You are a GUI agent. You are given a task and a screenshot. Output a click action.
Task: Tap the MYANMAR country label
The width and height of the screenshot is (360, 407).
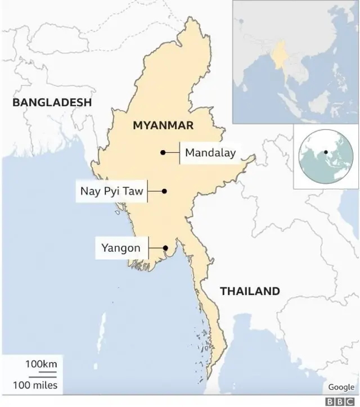163,125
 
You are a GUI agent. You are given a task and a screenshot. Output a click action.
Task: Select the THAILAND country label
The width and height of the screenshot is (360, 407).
250,291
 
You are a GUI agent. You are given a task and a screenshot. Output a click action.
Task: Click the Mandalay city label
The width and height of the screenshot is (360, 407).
210,152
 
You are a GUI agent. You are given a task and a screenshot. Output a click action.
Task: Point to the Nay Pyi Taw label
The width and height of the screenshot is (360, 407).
111,192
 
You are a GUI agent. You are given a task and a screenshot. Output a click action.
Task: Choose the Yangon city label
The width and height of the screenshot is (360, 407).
121,247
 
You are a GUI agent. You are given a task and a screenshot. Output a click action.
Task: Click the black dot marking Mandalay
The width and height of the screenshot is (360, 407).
163,152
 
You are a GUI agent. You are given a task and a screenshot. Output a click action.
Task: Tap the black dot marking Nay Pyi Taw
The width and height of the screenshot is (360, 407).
164,191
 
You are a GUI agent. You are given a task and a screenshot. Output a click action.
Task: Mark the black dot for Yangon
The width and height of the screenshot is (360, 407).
165,248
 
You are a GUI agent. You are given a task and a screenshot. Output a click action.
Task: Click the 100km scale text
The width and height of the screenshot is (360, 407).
40,365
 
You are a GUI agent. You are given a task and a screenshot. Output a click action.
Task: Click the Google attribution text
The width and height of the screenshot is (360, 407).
341,387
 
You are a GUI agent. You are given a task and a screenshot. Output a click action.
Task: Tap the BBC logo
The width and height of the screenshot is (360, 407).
343,400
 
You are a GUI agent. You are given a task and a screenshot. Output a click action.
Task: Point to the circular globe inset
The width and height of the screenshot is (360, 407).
325,157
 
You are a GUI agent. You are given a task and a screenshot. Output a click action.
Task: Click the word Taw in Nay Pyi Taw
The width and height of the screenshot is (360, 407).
134,192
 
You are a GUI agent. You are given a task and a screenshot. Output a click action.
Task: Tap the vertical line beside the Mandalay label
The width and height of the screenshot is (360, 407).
179,152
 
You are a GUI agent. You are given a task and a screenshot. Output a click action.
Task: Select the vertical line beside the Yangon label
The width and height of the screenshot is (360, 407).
148,248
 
